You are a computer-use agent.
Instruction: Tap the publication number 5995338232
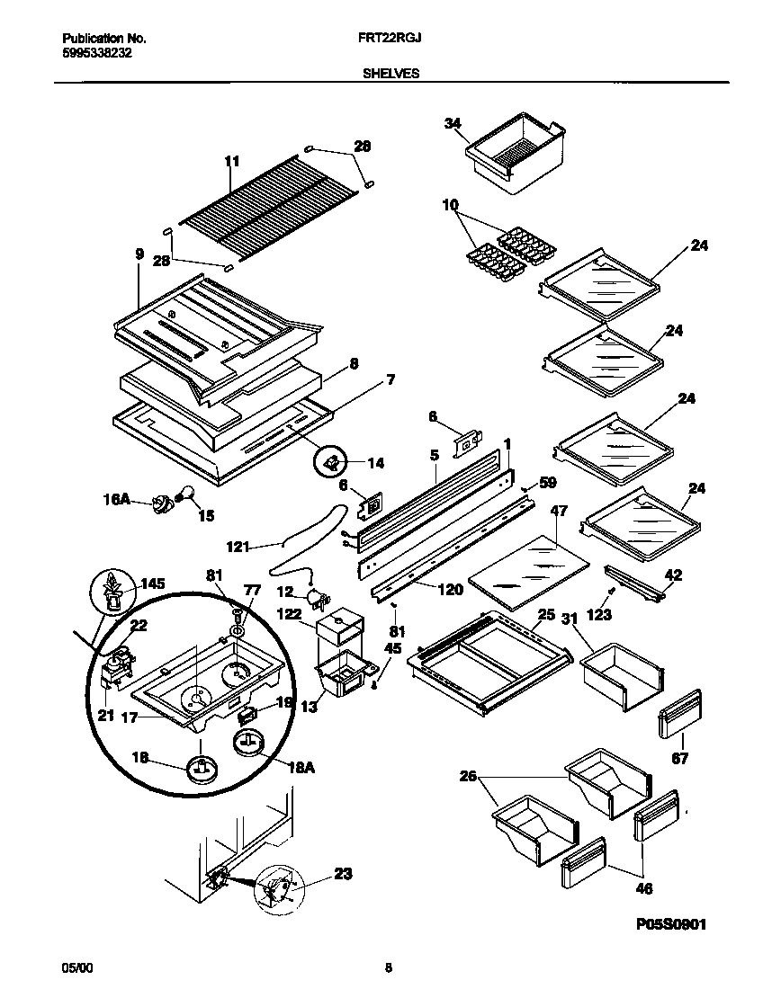click(97, 53)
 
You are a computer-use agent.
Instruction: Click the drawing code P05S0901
click(658, 923)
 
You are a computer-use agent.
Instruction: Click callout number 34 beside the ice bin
click(452, 123)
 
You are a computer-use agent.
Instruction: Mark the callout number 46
click(644, 889)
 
